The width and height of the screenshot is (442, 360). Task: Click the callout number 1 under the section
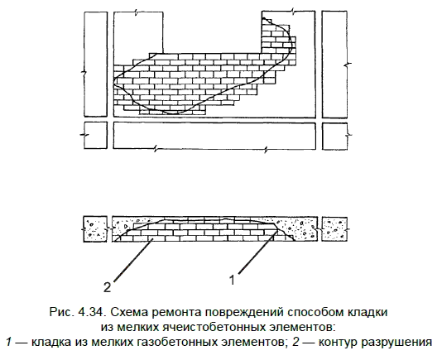click(x=232, y=281)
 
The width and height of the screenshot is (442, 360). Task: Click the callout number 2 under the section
click(x=108, y=287)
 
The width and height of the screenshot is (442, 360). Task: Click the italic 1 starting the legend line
click(x=9, y=343)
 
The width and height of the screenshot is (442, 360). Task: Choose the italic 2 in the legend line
click(x=295, y=343)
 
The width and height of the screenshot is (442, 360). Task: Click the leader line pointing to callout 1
click(x=257, y=252)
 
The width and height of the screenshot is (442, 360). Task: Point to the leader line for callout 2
click(x=132, y=260)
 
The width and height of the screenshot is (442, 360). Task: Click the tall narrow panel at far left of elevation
click(x=96, y=65)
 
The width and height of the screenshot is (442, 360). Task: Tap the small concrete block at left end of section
click(x=95, y=229)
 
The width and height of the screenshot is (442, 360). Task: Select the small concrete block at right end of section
click(x=334, y=229)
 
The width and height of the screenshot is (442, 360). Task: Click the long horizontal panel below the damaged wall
click(x=214, y=136)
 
